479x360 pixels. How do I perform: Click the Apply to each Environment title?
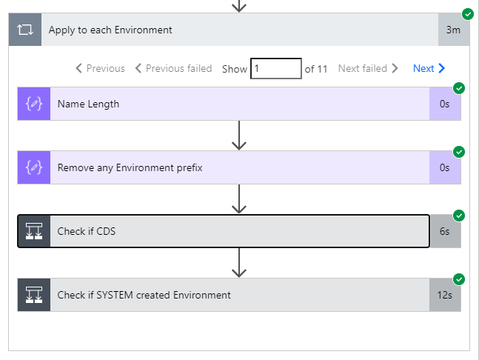click(x=110, y=30)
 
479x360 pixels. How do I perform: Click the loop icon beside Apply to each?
click(x=25, y=30)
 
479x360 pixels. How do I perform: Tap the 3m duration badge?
click(x=453, y=30)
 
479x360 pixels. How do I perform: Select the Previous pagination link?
click(x=100, y=68)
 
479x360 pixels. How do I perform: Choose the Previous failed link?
click(x=173, y=68)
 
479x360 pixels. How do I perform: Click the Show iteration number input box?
click(x=275, y=68)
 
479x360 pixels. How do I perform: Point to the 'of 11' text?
click(x=316, y=68)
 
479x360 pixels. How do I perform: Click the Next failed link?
click(x=368, y=68)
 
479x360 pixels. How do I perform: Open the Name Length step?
click(x=88, y=104)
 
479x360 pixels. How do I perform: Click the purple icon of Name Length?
click(x=33, y=104)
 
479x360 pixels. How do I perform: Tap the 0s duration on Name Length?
click(x=444, y=104)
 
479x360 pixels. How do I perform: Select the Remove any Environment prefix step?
click(x=130, y=168)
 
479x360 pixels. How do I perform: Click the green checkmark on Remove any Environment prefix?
click(x=459, y=152)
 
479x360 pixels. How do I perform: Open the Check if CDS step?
click(x=87, y=231)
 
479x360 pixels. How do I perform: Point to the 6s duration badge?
click(x=444, y=231)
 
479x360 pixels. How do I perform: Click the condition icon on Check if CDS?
click(x=33, y=231)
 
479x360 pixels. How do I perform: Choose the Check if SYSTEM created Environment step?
click(x=144, y=295)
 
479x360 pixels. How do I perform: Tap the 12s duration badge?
click(x=444, y=295)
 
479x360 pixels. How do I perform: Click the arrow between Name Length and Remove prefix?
click(x=238, y=136)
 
